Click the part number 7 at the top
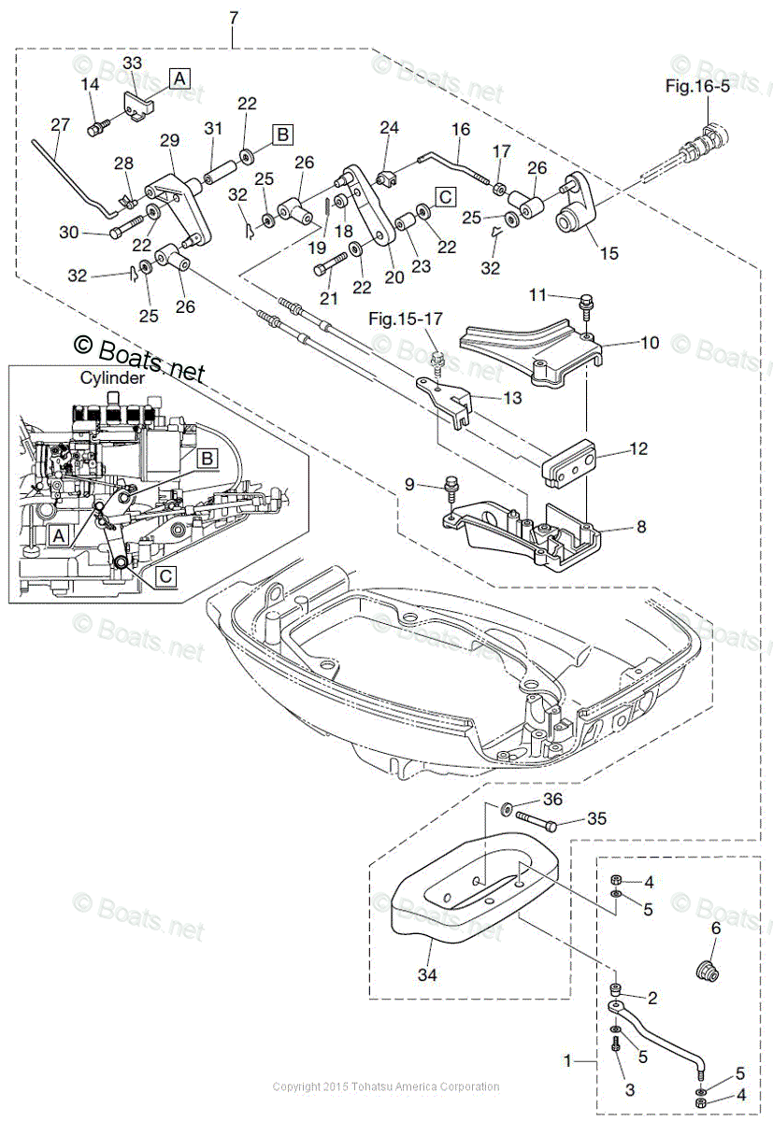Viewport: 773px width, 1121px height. coord(233,18)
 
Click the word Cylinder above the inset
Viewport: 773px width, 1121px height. coord(110,378)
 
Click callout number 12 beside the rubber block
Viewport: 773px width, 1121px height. coord(638,449)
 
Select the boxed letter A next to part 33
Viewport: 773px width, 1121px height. coord(178,78)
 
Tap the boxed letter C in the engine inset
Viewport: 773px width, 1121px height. coord(165,576)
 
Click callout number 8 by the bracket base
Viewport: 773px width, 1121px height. coord(641,526)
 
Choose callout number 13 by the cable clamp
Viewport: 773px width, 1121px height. coord(511,399)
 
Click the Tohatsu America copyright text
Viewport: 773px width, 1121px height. coord(385,1086)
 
